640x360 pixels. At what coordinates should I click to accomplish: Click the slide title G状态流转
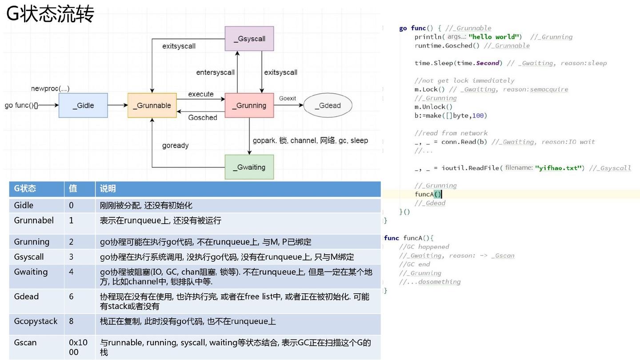coord(50,14)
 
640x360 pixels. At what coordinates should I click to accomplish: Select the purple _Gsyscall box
coord(249,39)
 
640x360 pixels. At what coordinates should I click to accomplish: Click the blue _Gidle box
coord(83,105)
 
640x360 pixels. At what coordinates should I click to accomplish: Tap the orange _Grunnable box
coord(152,105)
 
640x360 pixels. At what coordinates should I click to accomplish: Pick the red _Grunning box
coord(249,105)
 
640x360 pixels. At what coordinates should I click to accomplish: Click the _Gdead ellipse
coord(328,105)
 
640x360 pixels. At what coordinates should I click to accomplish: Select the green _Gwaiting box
coord(249,167)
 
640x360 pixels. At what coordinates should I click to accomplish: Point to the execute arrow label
coord(201,94)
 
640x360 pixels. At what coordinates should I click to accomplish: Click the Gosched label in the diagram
coord(203,117)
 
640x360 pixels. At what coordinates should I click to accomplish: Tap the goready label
coord(175,145)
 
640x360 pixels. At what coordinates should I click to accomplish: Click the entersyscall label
coord(215,72)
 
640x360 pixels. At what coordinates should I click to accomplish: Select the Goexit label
coord(288,98)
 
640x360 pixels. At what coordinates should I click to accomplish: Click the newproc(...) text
coord(50,88)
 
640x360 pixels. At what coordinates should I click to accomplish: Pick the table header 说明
coord(108,188)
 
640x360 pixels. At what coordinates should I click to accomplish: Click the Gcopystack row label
coord(36,321)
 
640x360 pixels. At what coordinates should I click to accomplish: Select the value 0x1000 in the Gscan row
coord(78,347)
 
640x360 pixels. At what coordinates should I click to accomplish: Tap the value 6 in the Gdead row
coord(71,296)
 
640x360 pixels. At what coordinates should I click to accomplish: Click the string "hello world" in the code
coord(494,37)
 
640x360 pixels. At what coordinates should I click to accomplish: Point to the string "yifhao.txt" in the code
coord(559,168)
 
